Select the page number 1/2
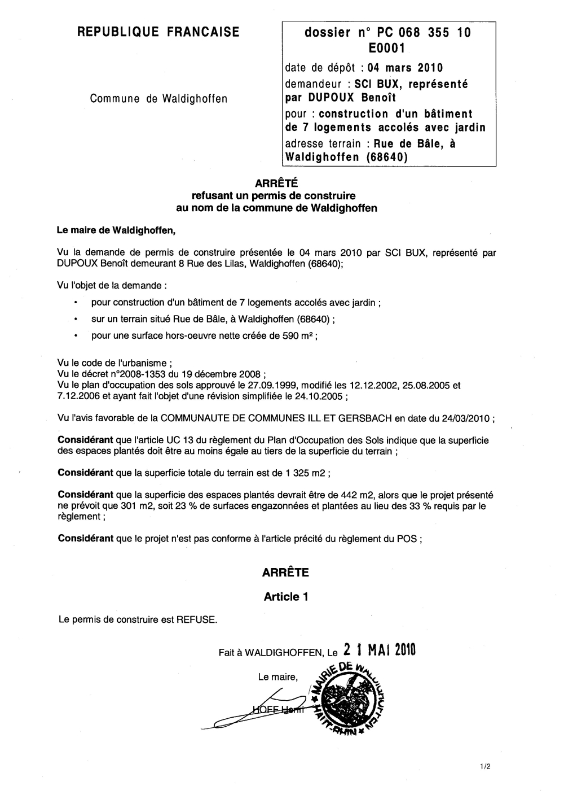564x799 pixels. [x=485, y=767]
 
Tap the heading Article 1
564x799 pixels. [x=285, y=596]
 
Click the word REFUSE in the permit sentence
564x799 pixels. [x=196, y=619]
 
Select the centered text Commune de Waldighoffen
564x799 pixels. [x=158, y=99]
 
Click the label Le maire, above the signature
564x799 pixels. [x=277, y=676]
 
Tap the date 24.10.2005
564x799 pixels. [x=320, y=396]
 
